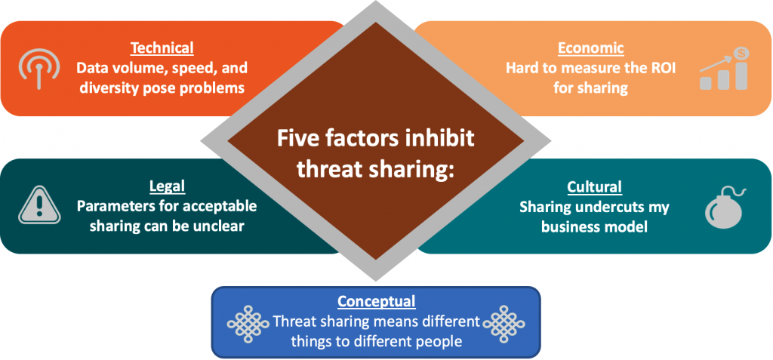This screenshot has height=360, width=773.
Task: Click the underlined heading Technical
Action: point(162,48)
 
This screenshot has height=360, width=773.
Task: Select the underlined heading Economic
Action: point(590,48)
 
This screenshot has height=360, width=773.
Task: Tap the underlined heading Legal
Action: point(167,186)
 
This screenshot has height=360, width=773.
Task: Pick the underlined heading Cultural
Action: point(594,187)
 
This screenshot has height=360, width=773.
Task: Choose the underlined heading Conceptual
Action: point(376,300)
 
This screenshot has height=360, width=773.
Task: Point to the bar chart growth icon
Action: point(723,69)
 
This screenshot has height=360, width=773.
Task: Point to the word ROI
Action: point(660,68)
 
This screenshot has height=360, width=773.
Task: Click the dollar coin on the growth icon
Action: point(740,54)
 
